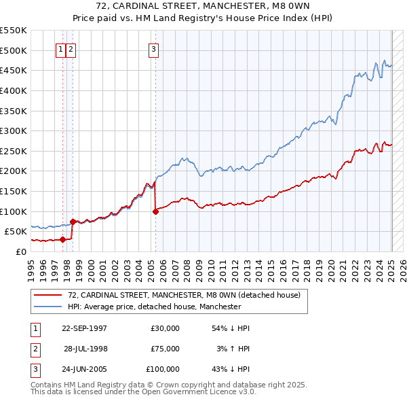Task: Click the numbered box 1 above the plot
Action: [x=60, y=49]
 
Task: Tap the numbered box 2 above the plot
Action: [x=71, y=49]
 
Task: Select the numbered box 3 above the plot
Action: [x=154, y=49]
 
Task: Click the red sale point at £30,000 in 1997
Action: [x=62, y=239]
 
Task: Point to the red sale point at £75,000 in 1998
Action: [x=73, y=221]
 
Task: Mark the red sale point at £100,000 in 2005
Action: [x=155, y=211]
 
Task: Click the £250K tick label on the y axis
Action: [x=14, y=151]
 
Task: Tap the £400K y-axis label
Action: [x=14, y=90]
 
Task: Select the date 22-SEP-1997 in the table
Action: [x=84, y=328]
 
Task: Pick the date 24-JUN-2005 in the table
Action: [x=84, y=370]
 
